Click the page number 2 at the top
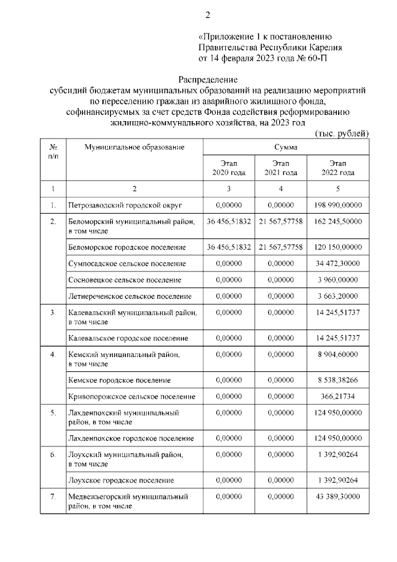pos(208,15)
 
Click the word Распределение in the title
pos(208,79)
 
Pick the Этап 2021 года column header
pos(280,168)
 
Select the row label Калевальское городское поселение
pos(127,338)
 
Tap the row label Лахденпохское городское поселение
pos(130,438)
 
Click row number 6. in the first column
pos(53,455)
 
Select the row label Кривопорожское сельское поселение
pos(132,396)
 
